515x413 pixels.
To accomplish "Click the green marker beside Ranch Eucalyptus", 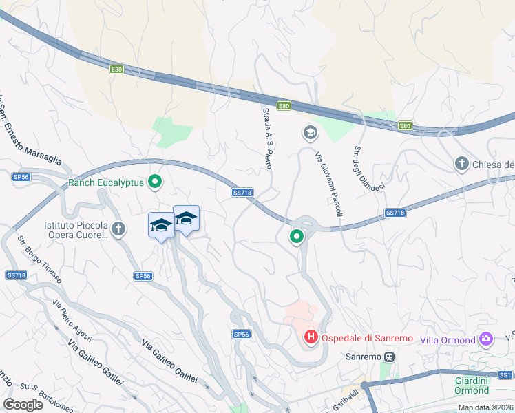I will point(156,182).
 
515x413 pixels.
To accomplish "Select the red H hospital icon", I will point(311,337).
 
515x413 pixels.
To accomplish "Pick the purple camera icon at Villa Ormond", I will point(487,339).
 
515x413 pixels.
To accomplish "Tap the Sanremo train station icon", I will point(389,357).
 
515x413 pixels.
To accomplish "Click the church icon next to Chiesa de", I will point(462,164).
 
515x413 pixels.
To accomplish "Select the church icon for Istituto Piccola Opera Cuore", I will point(118,229).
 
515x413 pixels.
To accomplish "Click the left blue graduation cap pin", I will point(161,225).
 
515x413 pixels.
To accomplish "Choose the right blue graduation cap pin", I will point(185,219).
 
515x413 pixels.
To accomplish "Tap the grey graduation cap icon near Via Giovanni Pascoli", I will point(310,131).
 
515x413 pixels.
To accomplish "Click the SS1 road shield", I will point(506,375).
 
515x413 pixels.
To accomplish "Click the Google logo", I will point(23,404).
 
